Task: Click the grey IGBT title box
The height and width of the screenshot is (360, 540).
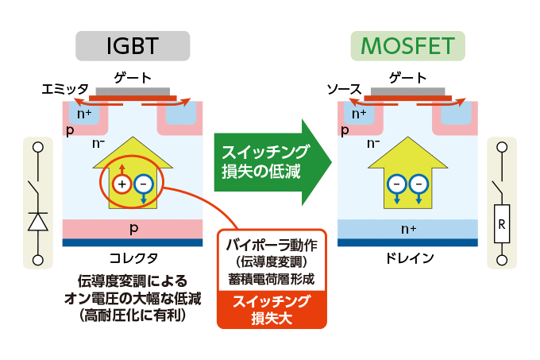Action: [133, 46]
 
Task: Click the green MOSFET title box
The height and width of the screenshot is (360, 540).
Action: [407, 46]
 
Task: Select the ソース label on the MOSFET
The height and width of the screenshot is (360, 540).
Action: [344, 91]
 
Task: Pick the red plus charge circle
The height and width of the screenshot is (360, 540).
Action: [121, 184]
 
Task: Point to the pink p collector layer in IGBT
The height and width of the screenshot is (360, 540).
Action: [133, 228]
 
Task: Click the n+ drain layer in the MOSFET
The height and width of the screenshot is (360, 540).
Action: [408, 228]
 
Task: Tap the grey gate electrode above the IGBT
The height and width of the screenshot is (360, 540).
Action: [133, 91]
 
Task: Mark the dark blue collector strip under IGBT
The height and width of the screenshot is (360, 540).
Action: [133, 242]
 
